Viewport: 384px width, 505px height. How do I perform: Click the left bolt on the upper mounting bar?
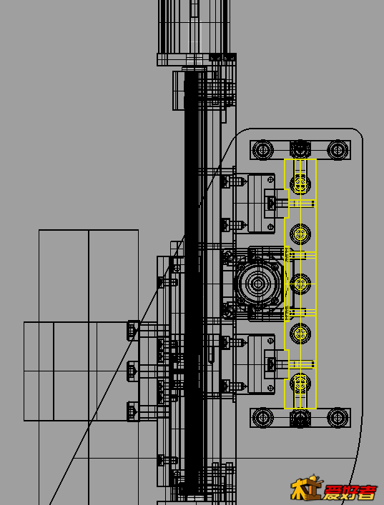263,150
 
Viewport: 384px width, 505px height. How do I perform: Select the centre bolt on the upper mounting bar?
300,150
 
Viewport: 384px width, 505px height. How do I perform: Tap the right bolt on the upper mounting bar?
338,150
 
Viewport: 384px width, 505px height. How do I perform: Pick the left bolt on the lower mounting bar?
263,418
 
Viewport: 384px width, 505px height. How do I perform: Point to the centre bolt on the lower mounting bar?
300,418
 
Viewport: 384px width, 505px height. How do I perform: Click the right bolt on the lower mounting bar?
338,418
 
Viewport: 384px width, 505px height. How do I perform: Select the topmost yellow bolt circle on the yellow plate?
300,184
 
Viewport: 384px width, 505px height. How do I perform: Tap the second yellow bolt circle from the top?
300,234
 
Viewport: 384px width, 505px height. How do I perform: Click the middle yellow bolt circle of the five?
300,284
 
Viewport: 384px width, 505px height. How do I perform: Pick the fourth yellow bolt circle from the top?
300,334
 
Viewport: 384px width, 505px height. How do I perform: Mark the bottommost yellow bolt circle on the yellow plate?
300,384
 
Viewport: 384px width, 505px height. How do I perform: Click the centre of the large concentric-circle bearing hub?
257,284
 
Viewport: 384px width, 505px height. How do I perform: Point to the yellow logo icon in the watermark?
307,487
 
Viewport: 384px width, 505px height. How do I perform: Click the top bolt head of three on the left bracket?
133,331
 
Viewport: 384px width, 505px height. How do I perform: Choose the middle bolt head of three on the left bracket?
133,371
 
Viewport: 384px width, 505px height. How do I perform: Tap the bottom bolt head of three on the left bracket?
133,411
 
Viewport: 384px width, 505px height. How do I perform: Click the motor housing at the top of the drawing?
195,26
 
